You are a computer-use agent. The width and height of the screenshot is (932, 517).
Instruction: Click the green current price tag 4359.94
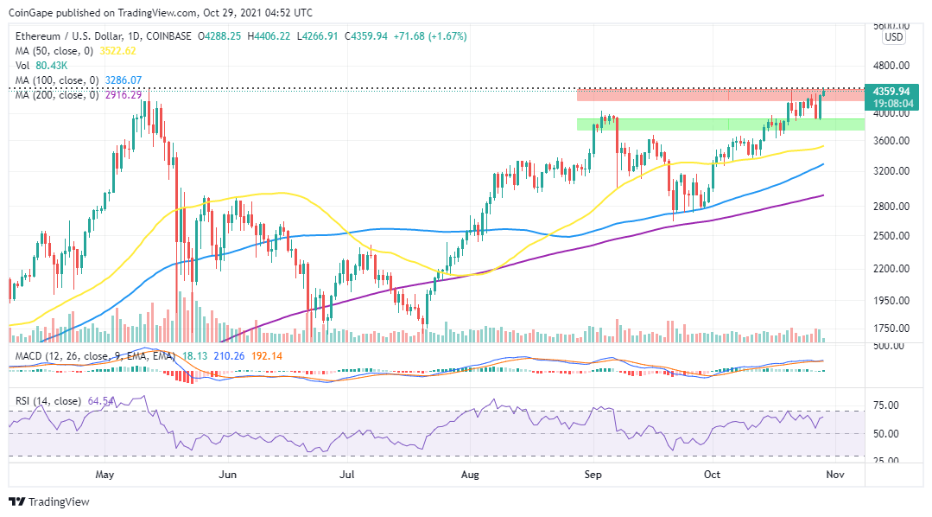point(891,91)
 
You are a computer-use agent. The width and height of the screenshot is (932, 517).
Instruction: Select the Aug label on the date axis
point(470,475)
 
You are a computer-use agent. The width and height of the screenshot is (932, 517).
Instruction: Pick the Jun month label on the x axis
point(227,475)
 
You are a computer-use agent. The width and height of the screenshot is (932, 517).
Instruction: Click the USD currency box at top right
point(894,37)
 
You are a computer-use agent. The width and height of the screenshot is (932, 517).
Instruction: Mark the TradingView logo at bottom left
point(49,501)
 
